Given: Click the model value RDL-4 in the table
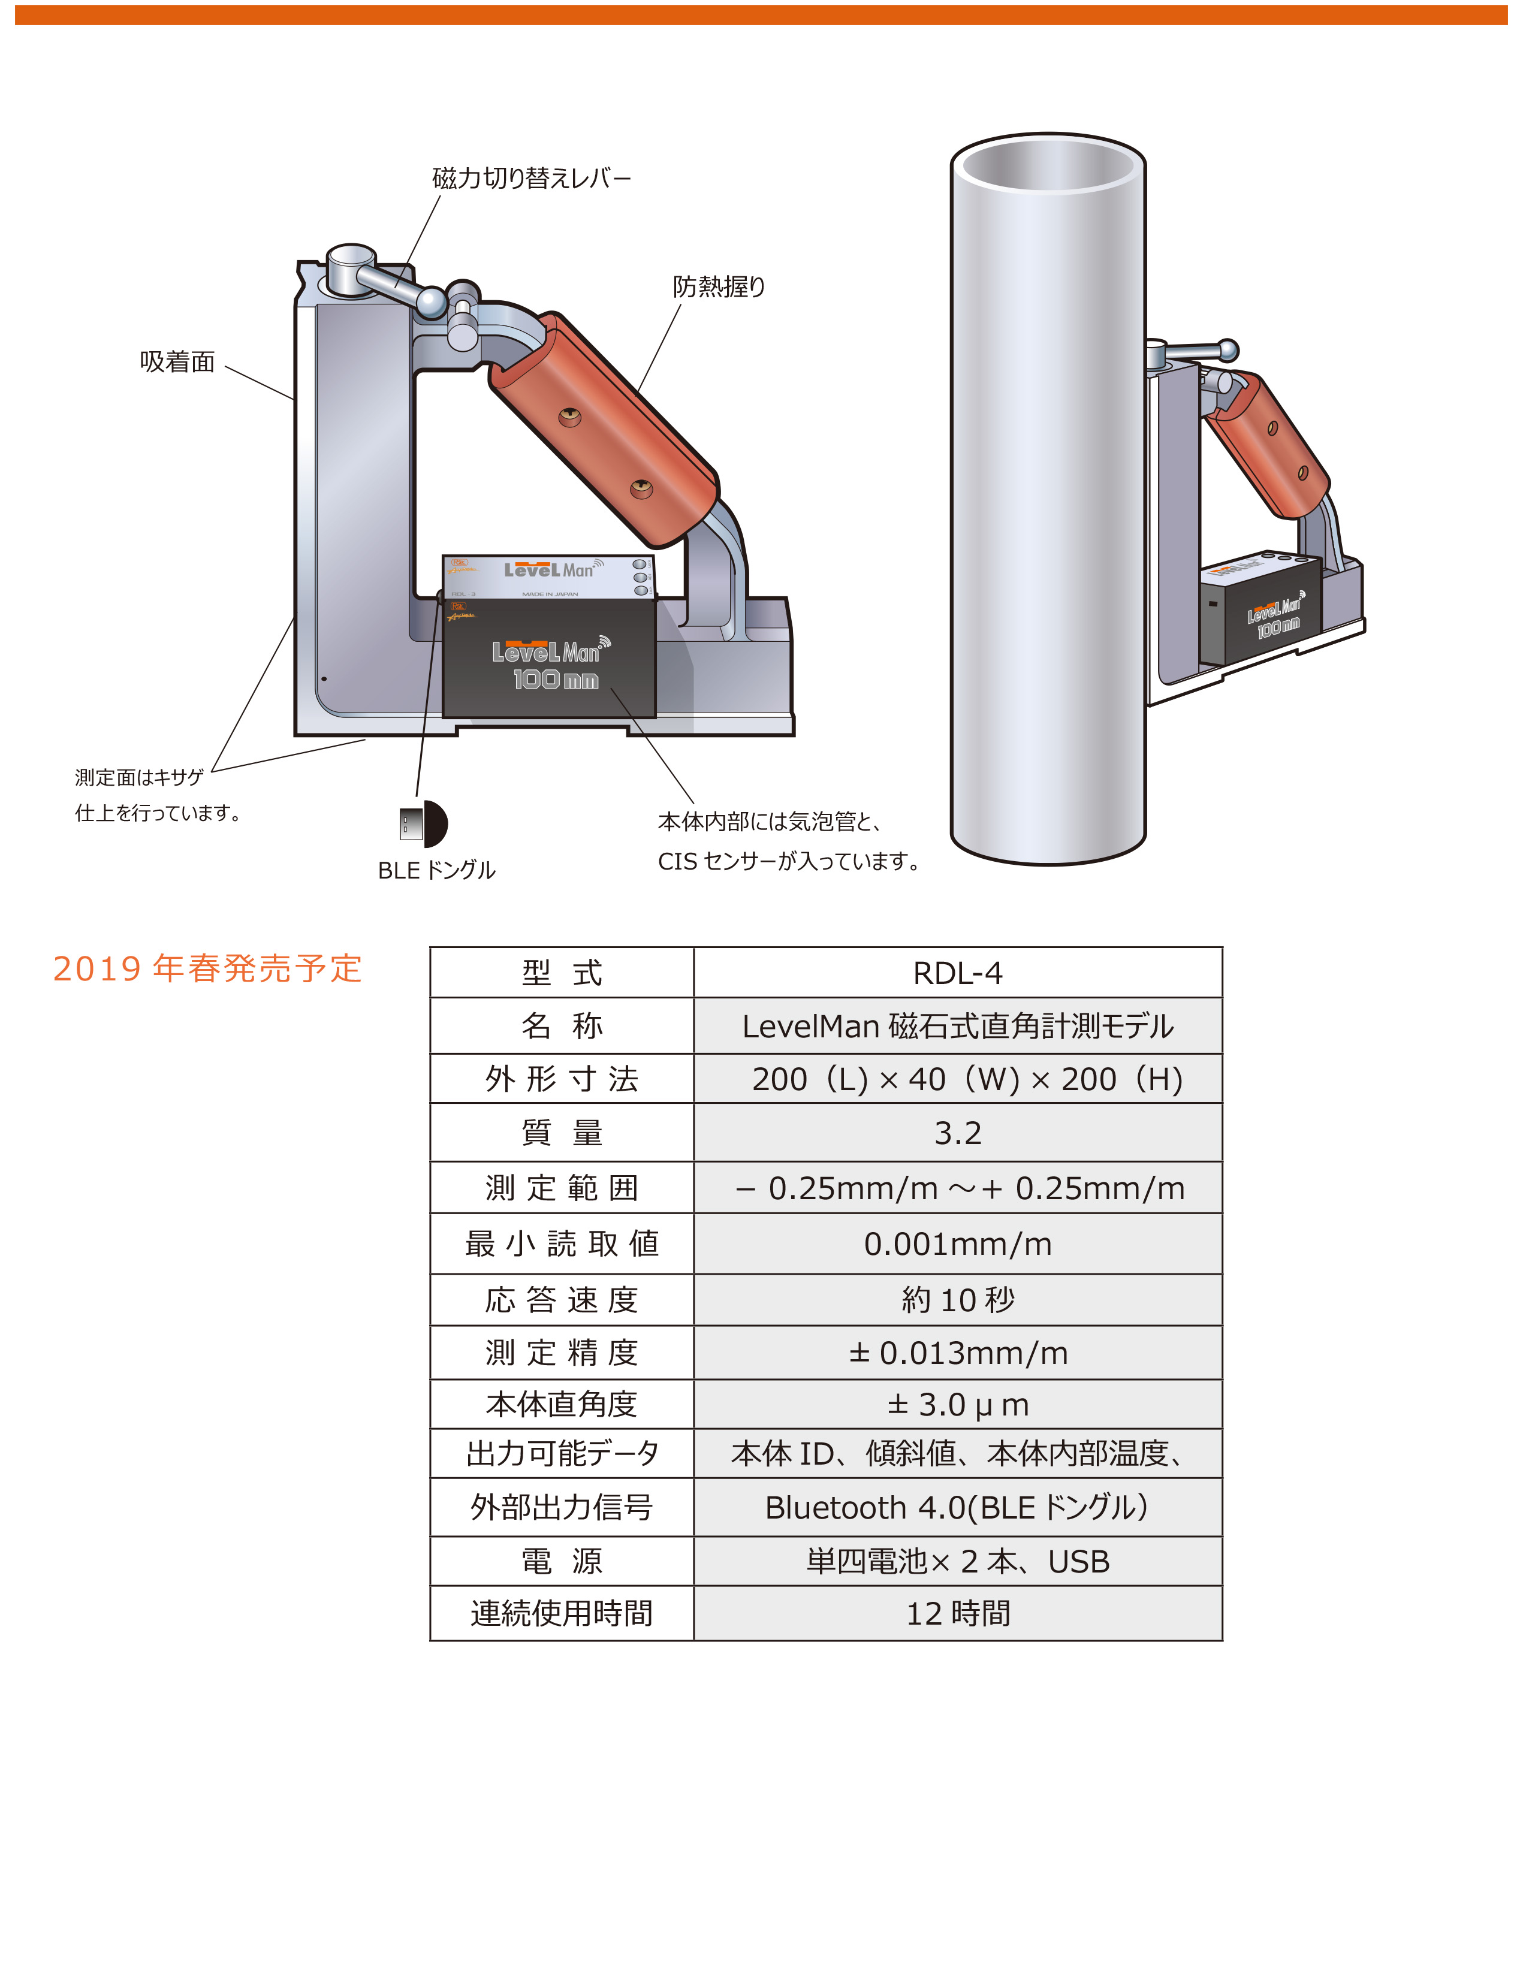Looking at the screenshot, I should [x=957, y=973].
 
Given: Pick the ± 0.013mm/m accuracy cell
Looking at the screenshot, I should [x=957, y=1353].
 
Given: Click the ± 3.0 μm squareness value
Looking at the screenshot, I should [x=957, y=1405].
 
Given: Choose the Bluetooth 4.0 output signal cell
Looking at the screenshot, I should [x=957, y=1507].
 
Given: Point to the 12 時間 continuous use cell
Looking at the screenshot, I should [x=957, y=1613].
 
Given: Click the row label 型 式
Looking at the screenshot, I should [x=562, y=973].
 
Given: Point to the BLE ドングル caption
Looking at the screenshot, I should [x=436, y=870].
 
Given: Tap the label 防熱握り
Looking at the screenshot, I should [x=719, y=287].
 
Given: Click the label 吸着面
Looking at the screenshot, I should [x=177, y=363].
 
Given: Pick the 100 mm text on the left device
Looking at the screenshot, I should [x=556, y=680].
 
